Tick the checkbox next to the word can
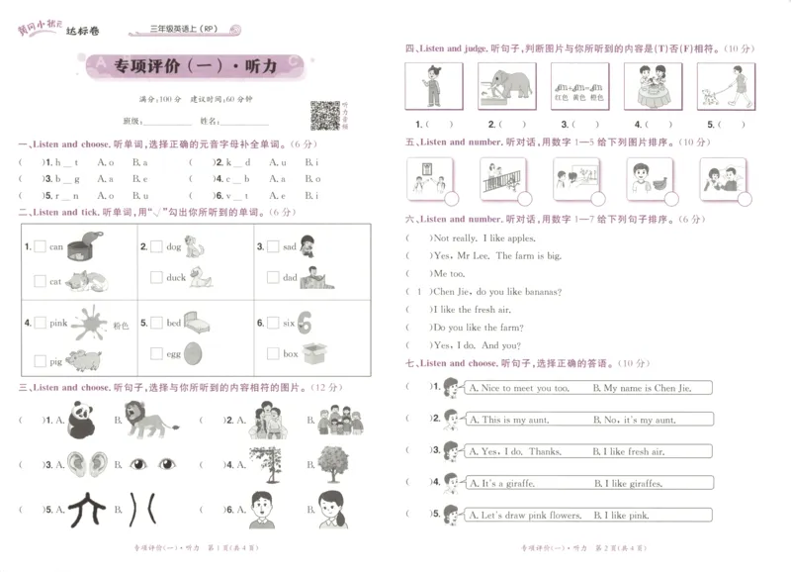pos(40,247)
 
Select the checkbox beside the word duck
pos(156,278)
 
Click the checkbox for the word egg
pos(156,353)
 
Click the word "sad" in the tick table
pos(290,246)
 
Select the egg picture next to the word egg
pos(195,353)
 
